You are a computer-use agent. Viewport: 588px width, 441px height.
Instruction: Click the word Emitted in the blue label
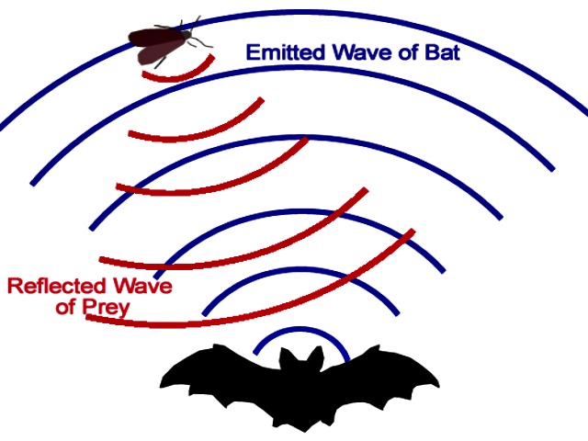[x=286, y=52]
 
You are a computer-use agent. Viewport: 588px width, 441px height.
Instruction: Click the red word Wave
[x=143, y=286]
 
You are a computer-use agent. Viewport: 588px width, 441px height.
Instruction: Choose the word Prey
[x=107, y=309]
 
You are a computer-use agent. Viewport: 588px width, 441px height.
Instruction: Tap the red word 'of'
[x=66, y=307]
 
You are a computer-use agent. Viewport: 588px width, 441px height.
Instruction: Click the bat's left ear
[x=287, y=357]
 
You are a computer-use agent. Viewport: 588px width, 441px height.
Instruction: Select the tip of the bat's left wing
[x=162, y=386]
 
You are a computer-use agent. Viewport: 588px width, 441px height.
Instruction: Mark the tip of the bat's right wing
[x=438, y=386]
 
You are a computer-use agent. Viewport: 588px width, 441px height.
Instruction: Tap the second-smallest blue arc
[x=300, y=269]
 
